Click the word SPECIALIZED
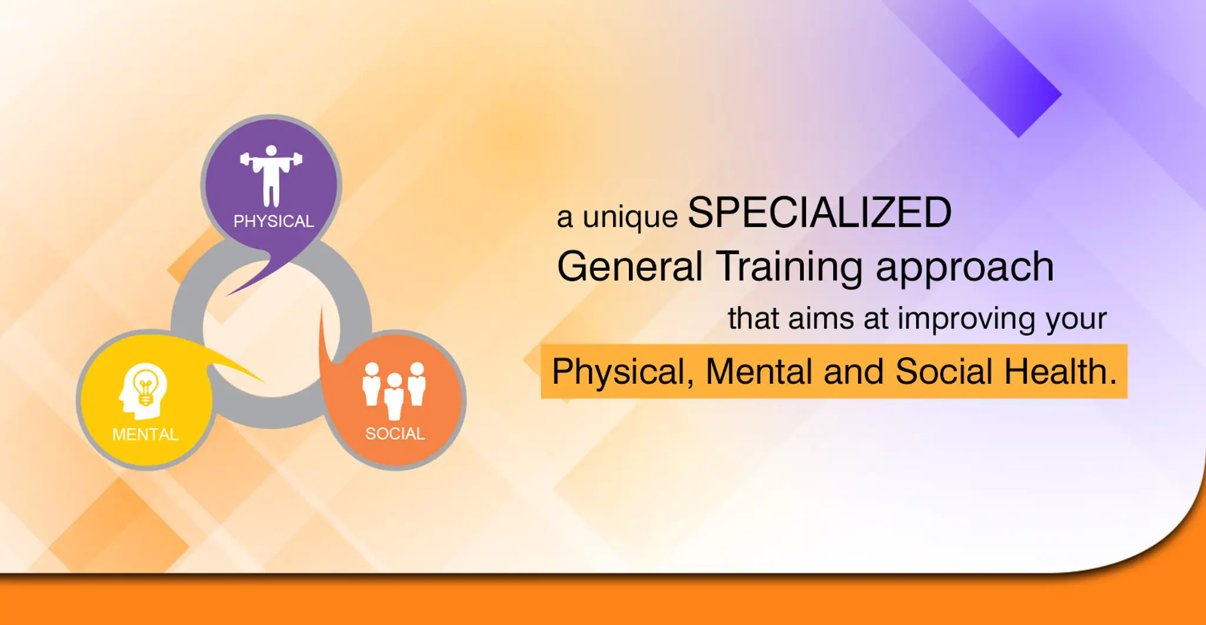pyautogui.click(x=819, y=213)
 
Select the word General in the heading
pyautogui.click(x=629, y=267)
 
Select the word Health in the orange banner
pyautogui.click(x=1059, y=371)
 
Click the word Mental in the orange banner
pyautogui.click(x=760, y=371)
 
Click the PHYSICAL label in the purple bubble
pyautogui.click(x=273, y=221)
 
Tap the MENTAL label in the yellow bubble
pyautogui.click(x=145, y=434)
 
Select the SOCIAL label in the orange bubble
pyautogui.click(x=395, y=434)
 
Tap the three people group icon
pyautogui.click(x=394, y=389)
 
